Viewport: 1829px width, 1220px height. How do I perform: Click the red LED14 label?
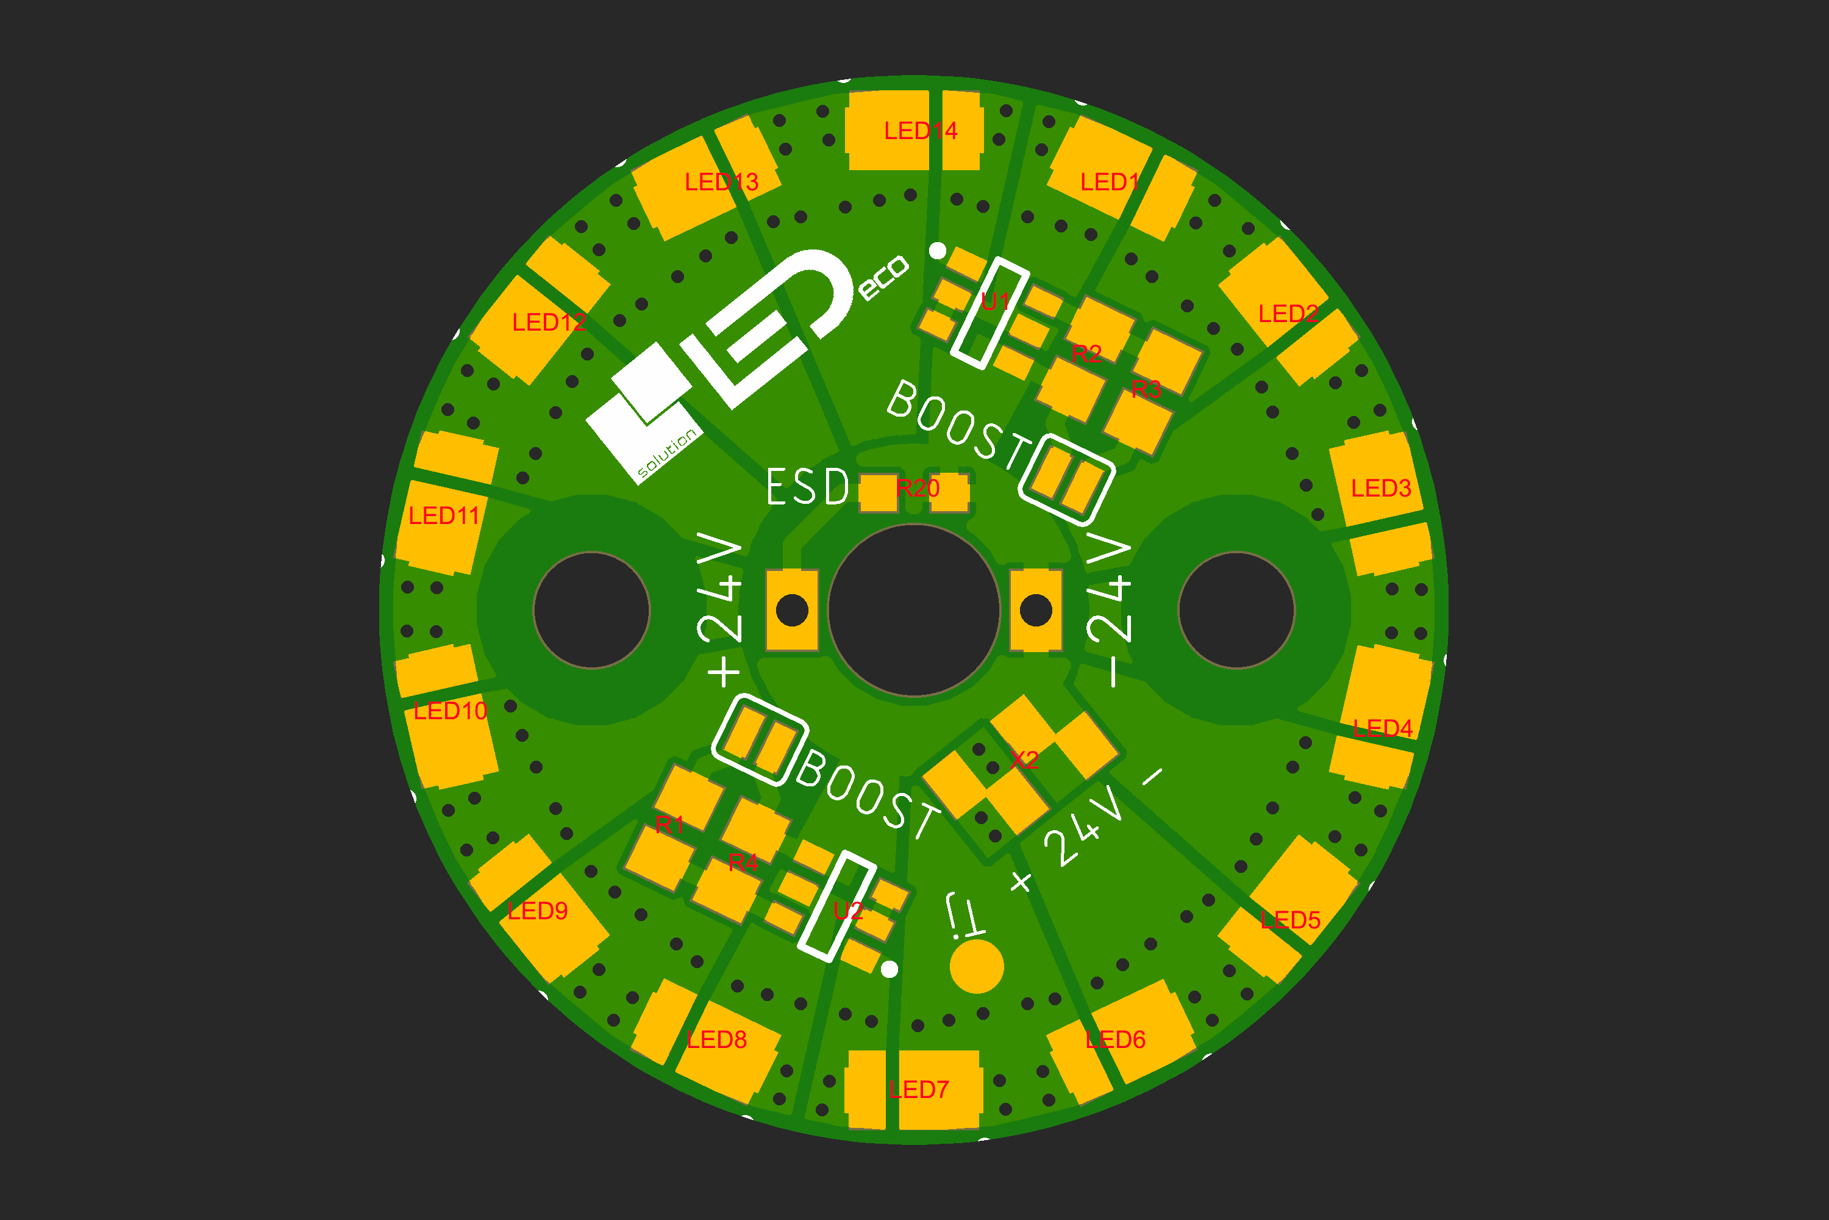pyautogui.click(x=921, y=131)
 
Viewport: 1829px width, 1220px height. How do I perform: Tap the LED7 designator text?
pyautogui.click(x=919, y=1089)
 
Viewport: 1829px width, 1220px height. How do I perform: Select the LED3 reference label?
pyautogui.click(x=1381, y=488)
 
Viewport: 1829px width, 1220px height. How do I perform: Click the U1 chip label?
pyautogui.click(x=996, y=301)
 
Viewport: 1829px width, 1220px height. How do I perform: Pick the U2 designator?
pyautogui.click(x=847, y=911)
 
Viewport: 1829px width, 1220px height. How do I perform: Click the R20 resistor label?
pyautogui.click(x=918, y=488)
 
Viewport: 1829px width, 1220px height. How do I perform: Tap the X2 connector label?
pyautogui.click(x=1025, y=759)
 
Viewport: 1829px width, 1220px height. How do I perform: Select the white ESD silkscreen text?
pyautogui.click(x=808, y=487)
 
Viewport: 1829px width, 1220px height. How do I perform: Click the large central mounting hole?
pyautogui.click(x=914, y=610)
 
